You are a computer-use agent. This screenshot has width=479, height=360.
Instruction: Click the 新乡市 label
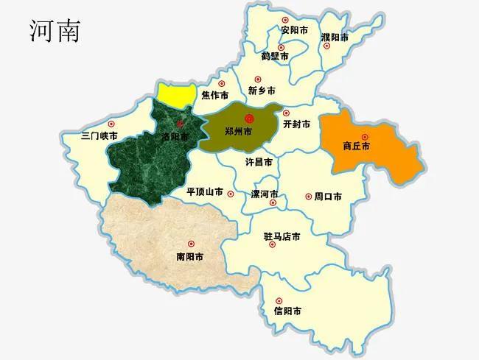pyautogui.click(x=262, y=91)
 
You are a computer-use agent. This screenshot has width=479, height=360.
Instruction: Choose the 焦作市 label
pyautogui.click(x=214, y=95)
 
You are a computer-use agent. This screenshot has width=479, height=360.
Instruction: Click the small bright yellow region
pyautogui.click(x=178, y=92)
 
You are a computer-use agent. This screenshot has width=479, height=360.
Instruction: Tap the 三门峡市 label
pyautogui.click(x=99, y=136)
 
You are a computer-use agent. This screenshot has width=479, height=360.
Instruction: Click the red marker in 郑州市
pyautogui.click(x=249, y=118)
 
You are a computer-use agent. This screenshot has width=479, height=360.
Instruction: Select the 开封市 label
pyautogui.click(x=296, y=124)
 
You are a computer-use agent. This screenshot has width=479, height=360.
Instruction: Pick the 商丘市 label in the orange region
pyautogui.click(x=357, y=146)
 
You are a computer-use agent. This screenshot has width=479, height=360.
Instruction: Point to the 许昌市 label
pyautogui.click(x=259, y=161)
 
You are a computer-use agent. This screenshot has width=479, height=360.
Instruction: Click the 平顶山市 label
pyautogui.click(x=205, y=191)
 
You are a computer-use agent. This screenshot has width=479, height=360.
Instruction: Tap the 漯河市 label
pyautogui.click(x=265, y=194)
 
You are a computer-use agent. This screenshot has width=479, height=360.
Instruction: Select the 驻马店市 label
pyautogui.click(x=282, y=237)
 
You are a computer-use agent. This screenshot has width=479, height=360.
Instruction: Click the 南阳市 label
pyautogui.click(x=189, y=257)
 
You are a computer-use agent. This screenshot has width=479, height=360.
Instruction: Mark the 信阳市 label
pyautogui.click(x=287, y=311)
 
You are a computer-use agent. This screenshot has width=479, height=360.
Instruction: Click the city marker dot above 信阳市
pyautogui.click(x=279, y=300)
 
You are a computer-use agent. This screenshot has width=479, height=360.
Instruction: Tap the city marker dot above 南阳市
pyautogui.click(x=191, y=244)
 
